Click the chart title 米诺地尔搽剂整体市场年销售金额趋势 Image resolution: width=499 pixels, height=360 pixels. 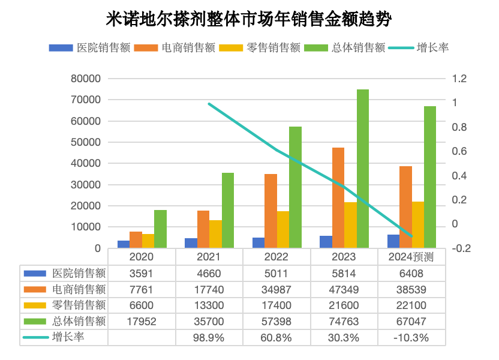(249, 19)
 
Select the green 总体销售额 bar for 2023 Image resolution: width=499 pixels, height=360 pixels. (362, 169)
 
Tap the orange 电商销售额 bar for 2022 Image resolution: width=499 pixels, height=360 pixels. (270, 211)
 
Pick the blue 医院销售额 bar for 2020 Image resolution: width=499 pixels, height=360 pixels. (124, 244)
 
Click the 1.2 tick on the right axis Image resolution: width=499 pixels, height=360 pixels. (459, 79)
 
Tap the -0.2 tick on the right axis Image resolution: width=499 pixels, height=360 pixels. (461, 248)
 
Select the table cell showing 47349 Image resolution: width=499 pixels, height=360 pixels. (344, 289)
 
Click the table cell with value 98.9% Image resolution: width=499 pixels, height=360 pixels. (209, 338)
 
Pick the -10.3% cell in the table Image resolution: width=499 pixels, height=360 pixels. (411, 338)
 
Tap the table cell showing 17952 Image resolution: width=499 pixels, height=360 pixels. (142, 322)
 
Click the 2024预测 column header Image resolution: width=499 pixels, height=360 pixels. (411, 257)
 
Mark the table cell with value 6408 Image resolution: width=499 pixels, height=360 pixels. (411, 274)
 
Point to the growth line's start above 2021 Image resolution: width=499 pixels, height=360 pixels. (209, 104)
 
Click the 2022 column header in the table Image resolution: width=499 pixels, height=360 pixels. (276, 257)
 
